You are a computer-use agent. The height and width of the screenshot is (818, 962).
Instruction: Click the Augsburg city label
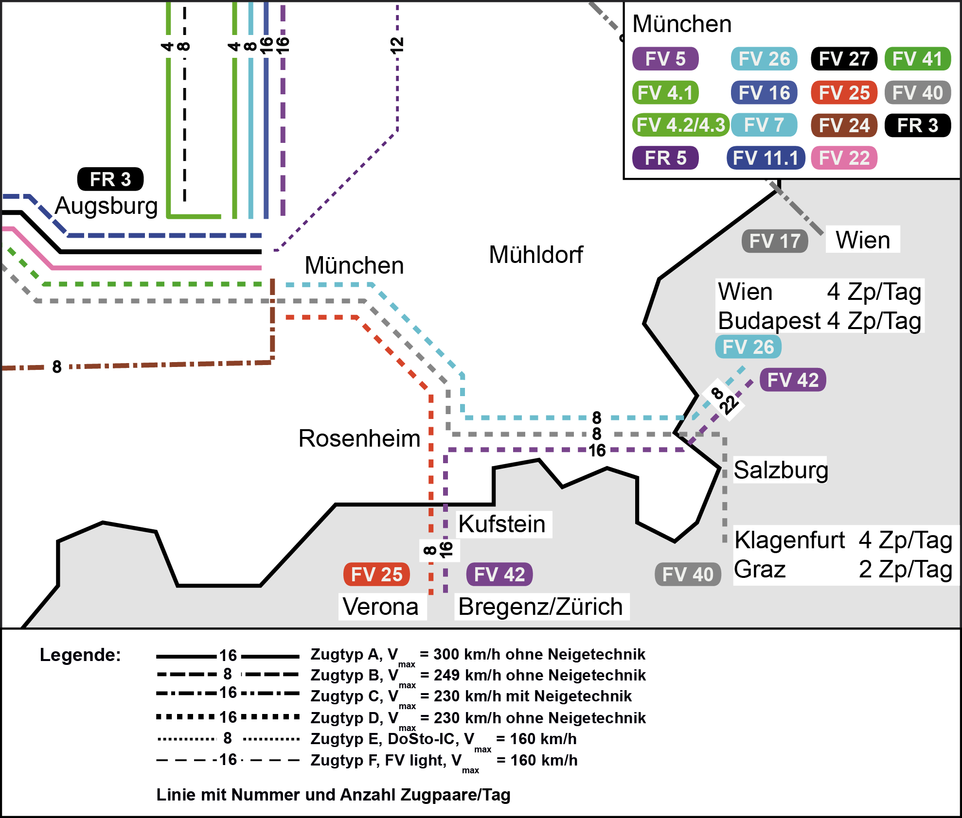(106, 206)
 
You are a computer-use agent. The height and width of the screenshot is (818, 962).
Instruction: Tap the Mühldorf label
(535, 255)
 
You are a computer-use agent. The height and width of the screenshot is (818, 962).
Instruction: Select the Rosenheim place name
(359, 438)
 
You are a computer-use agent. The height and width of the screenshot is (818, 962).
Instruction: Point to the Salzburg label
(780, 470)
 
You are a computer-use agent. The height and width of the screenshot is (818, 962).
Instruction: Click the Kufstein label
(501, 524)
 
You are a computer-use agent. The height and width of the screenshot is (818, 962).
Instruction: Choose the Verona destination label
(380, 607)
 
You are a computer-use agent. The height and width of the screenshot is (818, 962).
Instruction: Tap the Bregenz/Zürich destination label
(540, 607)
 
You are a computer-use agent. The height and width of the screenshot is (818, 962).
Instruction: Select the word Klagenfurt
(789, 540)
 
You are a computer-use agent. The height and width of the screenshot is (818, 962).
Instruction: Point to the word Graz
(760, 569)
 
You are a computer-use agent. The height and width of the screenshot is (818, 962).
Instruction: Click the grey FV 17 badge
(774, 241)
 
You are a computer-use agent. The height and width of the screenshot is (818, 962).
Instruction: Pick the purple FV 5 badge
(665, 59)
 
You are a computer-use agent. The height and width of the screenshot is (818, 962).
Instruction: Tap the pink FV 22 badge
(844, 158)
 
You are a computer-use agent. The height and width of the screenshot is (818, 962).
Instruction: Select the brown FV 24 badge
(844, 125)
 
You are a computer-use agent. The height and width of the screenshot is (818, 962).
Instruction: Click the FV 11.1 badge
(766, 158)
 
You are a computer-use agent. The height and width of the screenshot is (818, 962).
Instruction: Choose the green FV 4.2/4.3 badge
(680, 125)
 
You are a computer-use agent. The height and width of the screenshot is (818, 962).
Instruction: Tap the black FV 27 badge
(844, 59)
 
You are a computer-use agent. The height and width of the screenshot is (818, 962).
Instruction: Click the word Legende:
(80, 655)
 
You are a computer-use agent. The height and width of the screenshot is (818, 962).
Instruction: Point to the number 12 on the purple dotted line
(397, 45)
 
